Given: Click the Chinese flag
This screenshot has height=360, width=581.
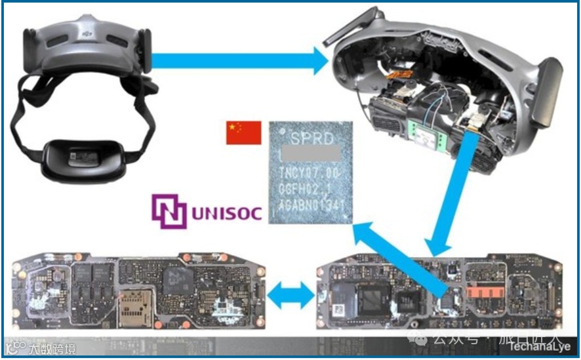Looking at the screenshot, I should click(x=244, y=132).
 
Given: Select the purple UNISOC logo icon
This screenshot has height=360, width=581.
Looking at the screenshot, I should click(x=169, y=212).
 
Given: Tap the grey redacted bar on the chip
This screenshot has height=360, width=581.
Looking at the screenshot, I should click(x=310, y=155).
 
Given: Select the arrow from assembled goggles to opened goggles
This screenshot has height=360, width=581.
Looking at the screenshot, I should click(x=239, y=62).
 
